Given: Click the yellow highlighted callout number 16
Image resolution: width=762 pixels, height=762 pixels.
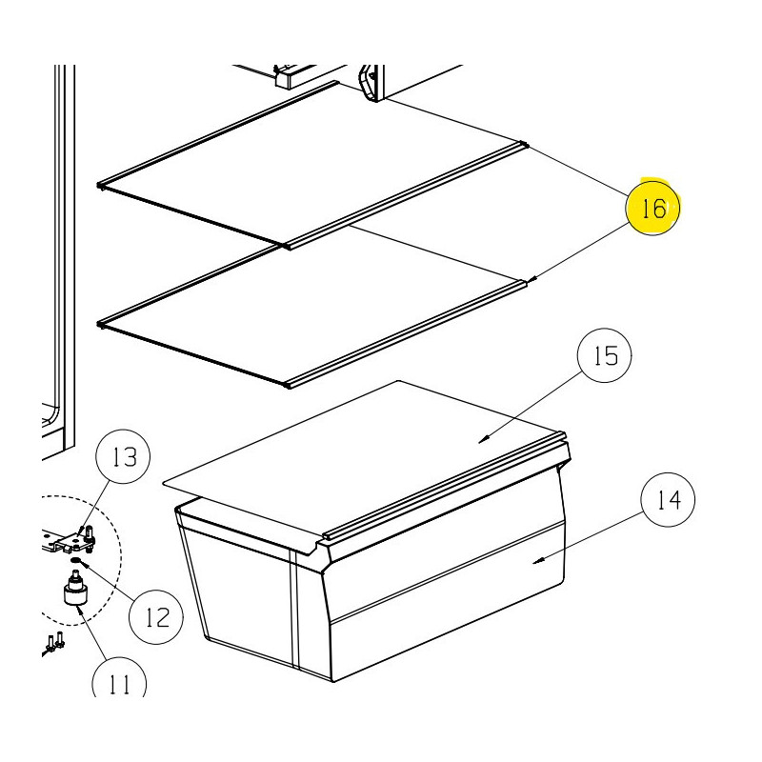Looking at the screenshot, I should tap(652, 209).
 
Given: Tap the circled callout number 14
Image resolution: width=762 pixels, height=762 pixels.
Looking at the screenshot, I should tap(668, 500).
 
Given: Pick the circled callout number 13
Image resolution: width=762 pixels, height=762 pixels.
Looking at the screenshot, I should tap(124, 457).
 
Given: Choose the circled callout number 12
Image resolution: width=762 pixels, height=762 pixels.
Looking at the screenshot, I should tap(156, 617).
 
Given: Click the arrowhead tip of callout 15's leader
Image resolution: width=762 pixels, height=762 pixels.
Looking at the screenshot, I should tap(480, 440).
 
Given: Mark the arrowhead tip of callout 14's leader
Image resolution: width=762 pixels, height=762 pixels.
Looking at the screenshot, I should tap(534, 562).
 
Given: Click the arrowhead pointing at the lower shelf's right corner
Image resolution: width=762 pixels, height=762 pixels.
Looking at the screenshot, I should tap(534, 280).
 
